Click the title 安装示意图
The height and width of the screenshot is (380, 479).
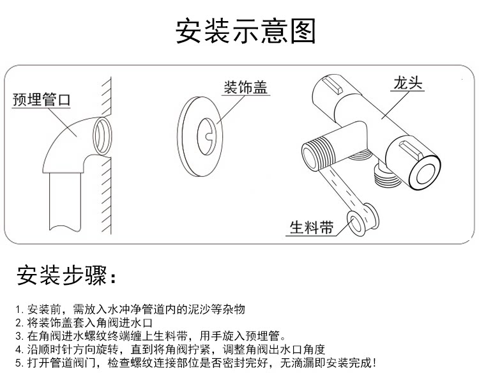(246, 30)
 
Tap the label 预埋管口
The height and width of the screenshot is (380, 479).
(42, 100)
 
